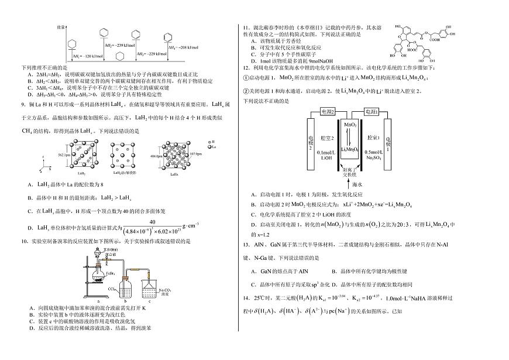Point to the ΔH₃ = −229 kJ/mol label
[x=149, y=54]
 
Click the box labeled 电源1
[x=371, y=111]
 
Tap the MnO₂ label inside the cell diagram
[x=350, y=125]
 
